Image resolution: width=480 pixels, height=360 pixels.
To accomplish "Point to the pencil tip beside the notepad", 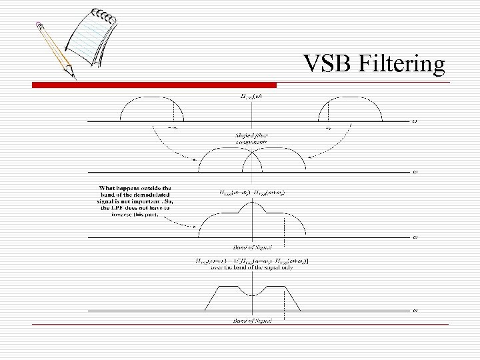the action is [x=73, y=77].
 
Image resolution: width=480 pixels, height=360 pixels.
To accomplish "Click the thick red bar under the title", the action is [x=154, y=85].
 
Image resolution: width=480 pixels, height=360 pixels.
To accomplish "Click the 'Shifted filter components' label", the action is [x=251, y=139].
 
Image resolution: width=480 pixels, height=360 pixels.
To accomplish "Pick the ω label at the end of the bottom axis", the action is [x=415, y=310].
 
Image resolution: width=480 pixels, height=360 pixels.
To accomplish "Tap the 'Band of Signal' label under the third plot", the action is [x=252, y=247].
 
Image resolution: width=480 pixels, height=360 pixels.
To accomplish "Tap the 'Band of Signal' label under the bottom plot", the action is [x=252, y=321].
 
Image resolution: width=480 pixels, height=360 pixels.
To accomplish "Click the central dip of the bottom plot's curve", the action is [x=251, y=295].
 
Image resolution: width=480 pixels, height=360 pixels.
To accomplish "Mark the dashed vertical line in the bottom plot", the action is [x=285, y=299].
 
